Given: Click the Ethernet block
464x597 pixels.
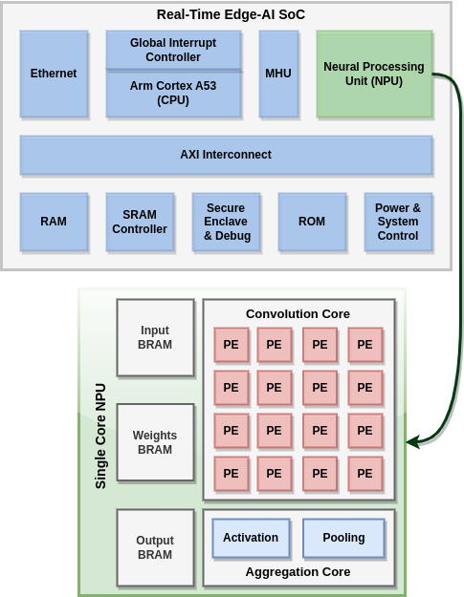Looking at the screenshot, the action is (55, 74).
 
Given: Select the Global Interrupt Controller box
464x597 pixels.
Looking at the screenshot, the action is (173, 51).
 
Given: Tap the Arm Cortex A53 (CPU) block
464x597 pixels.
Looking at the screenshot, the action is (173, 94).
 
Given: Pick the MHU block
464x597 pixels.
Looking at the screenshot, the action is (278, 74).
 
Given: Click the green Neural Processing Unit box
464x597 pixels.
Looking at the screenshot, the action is (374, 74).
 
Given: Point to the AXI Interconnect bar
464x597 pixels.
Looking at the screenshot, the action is (226, 155).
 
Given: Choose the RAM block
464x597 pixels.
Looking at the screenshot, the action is (55, 222).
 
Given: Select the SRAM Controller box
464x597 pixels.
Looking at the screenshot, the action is (140, 222).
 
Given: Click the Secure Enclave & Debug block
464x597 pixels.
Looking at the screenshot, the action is (226, 222).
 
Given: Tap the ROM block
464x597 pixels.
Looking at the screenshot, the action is (312, 222).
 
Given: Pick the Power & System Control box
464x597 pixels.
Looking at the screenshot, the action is (398, 222).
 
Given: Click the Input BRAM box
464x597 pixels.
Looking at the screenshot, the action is (155, 338).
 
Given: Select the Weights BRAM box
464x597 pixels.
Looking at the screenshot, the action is (155, 442).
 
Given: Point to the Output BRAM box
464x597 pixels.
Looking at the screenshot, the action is (155, 548).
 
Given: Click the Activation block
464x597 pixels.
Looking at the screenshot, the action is (251, 538).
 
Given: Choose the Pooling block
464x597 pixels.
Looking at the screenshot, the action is (343, 538).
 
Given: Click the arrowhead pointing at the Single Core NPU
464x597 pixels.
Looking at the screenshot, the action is (411, 442).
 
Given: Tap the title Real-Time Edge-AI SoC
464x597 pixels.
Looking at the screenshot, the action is (231, 14).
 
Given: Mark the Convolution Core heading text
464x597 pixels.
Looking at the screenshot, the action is (298, 314).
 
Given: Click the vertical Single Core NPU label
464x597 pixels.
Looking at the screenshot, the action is (100, 437).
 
